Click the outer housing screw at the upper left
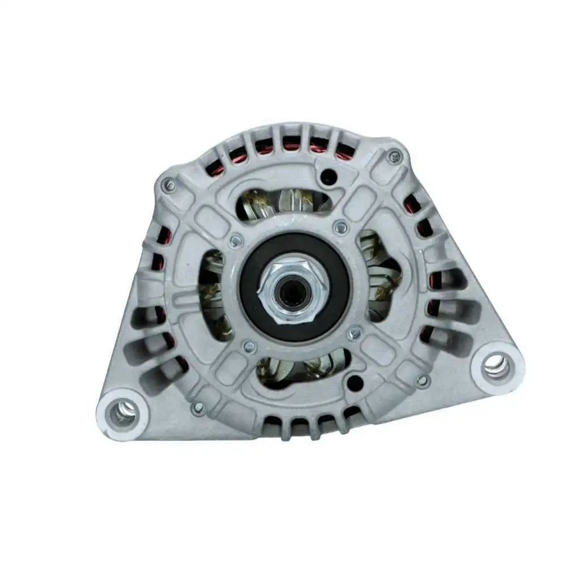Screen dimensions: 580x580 point(168,184)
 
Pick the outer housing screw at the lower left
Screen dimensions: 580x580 point(198,407)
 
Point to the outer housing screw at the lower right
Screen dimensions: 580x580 point(423,381)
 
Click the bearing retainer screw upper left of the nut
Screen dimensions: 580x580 point(236,241)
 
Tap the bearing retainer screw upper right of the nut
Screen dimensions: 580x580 point(340,228)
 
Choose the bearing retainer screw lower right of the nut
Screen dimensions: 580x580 point(355,333)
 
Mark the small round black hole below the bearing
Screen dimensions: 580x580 point(354,382)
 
